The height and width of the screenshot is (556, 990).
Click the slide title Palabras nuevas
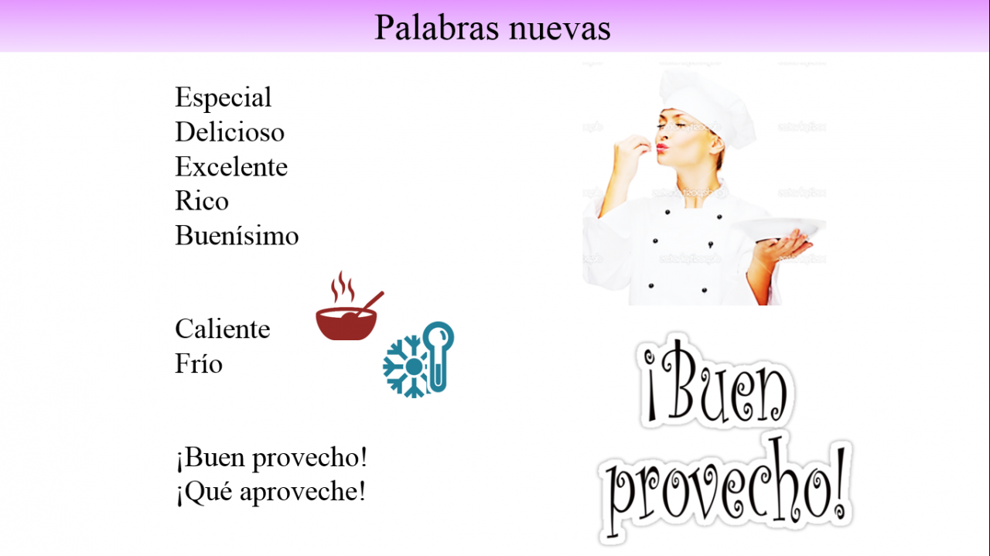point(493,27)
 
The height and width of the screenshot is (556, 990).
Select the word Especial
point(224,97)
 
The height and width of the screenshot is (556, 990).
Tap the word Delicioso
point(230,131)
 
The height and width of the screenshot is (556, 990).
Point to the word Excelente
point(231,166)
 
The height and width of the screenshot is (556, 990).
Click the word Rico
point(202,200)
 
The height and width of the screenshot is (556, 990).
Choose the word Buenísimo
point(237,235)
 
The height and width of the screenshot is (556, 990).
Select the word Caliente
point(223,329)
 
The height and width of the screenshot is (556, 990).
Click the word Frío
point(199,363)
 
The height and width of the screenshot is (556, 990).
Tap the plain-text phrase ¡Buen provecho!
point(271,459)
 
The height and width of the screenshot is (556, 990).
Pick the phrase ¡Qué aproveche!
point(271,493)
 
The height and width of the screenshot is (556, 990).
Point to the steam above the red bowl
point(343,286)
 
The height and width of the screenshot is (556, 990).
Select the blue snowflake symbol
point(406,367)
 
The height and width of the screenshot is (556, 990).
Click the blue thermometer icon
point(438,356)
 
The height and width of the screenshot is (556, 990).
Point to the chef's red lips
point(661,147)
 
